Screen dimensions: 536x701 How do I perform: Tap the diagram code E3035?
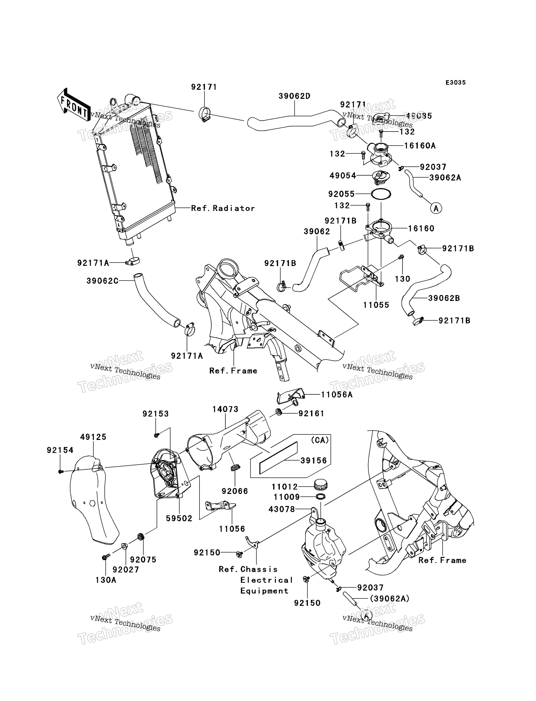(x=456, y=83)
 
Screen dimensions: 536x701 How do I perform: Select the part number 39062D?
(x=294, y=96)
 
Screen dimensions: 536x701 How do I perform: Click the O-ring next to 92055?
(x=381, y=194)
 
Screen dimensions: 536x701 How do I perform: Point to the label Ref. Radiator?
(x=223, y=208)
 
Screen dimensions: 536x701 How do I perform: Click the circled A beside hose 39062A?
(x=436, y=208)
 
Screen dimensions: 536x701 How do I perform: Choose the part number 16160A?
(x=420, y=146)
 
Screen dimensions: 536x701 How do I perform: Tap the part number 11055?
(x=376, y=305)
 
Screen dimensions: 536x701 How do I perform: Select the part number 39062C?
(x=102, y=281)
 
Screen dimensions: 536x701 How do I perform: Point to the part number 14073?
(x=225, y=409)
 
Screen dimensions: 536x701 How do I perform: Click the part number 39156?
(x=314, y=460)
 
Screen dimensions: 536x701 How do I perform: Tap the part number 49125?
(x=93, y=437)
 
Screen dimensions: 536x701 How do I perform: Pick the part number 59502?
(x=179, y=519)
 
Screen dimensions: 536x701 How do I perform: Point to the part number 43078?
(x=282, y=509)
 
